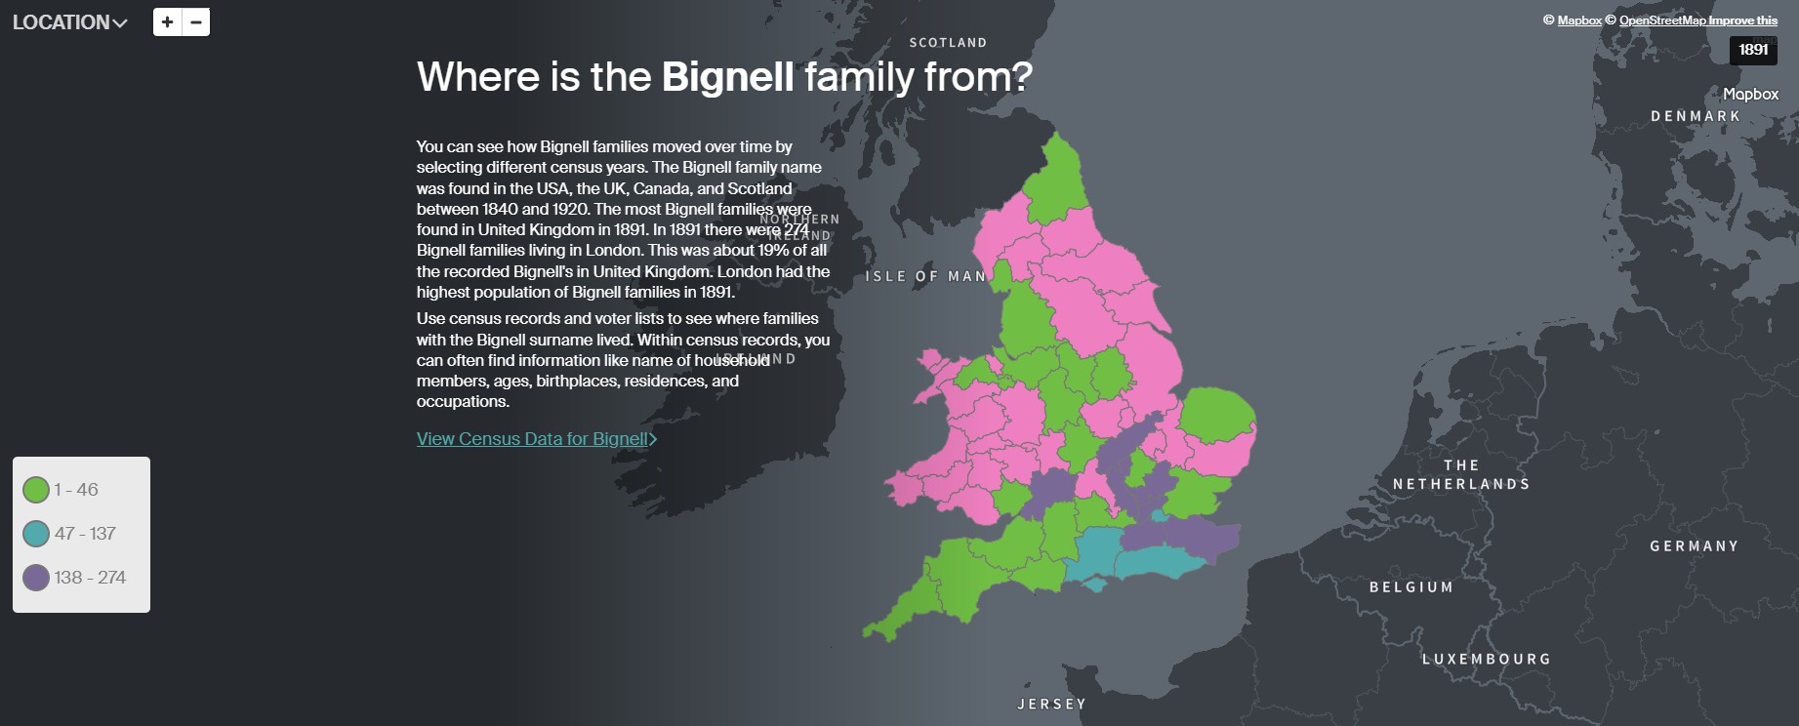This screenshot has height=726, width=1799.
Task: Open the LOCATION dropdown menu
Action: click(x=69, y=22)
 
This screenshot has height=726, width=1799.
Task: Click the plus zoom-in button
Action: click(x=168, y=21)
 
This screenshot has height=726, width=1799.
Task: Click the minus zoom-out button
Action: click(x=196, y=21)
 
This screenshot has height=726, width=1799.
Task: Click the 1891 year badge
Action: click(x=1753, y=50)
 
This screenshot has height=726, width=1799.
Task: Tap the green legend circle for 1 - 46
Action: click(x=36, y=490)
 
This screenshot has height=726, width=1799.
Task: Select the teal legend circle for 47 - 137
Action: click(x=36, y=534)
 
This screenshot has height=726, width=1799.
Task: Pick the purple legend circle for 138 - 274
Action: click(x=36, y=578)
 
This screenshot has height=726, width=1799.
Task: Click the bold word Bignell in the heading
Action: click(x=727, y=77)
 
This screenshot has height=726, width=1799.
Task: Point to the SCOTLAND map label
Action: click(x=948, y=43)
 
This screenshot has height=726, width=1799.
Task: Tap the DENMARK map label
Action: click(x=1696, y=116)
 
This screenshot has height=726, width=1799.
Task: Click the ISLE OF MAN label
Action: click(x=925, y=277)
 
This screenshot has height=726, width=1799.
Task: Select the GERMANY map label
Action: click(x=1695, y=546)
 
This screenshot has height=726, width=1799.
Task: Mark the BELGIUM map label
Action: click(x=1411, y=587)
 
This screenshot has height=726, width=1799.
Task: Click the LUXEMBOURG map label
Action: click(x=1487, y=660)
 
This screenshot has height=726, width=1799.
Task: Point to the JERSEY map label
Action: click(x=1051, y=705)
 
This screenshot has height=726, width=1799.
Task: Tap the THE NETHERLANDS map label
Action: click(x=1461, y=475)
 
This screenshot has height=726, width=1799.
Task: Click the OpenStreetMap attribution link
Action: click(x=1662, y=20)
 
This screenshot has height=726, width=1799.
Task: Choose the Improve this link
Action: click(x=1743, y=20)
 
